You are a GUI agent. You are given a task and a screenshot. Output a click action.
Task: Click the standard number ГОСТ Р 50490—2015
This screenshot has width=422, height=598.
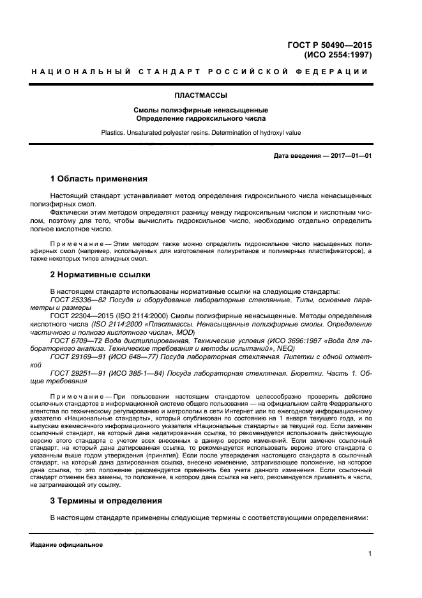tap(329, 45)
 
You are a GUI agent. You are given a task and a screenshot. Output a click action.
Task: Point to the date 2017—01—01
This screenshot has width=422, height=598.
tap(351, 156)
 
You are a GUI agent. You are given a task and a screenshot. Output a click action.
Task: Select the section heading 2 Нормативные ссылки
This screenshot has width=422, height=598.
tap(100, 275)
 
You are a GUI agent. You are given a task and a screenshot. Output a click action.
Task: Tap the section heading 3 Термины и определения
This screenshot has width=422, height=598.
tap(106, 500)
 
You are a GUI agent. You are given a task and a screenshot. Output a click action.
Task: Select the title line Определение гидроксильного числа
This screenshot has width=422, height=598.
tap(201, 118)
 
